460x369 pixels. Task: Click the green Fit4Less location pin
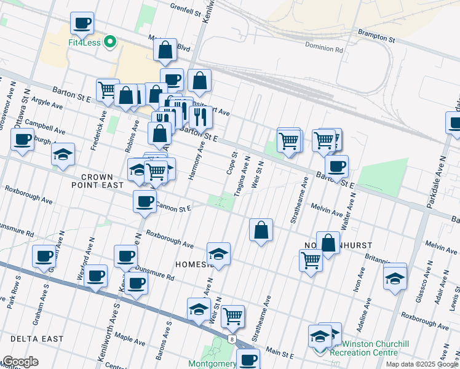[110, 42]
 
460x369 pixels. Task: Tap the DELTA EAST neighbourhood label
[36, 339]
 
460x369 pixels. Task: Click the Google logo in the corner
[20, 362]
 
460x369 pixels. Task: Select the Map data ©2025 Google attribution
[422, 364]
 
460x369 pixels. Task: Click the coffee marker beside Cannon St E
[145, 201]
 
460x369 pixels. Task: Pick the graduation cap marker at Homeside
[218, 253]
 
